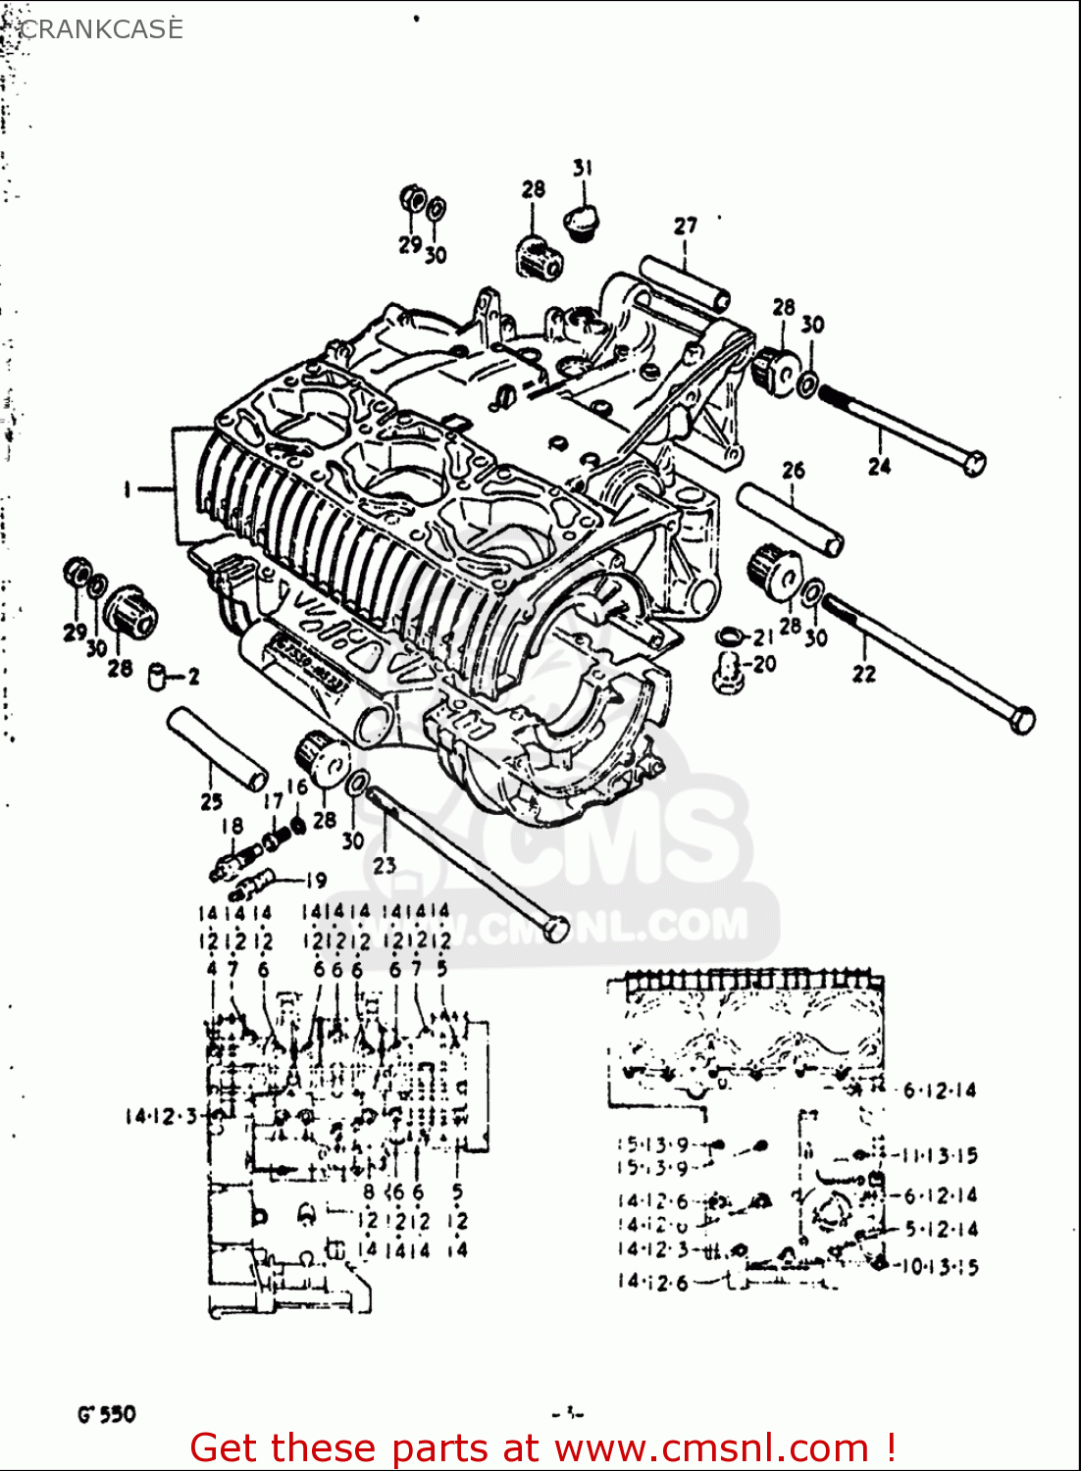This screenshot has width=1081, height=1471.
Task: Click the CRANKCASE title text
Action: click(100, 29)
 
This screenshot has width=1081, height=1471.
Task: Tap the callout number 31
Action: click(583, 168)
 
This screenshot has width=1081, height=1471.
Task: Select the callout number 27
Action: click(685, 226)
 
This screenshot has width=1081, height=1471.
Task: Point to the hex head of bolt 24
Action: click(973, 462)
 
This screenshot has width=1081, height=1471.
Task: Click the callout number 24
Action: click(879, 467)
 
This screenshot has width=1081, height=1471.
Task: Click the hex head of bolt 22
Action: click(1021, 720)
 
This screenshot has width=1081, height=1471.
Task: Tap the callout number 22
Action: click(863, 674)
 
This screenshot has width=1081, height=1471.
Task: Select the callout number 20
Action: click(764, 664)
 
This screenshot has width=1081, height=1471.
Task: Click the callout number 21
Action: click(763, 637)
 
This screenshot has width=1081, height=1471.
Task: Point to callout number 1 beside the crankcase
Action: click(128, 488)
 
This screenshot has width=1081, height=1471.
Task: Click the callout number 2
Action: click(193, 676)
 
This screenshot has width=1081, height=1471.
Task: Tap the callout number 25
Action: click(211, 801)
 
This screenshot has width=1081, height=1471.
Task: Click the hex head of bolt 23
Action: click(556, 927)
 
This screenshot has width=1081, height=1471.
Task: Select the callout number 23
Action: click(384, 865)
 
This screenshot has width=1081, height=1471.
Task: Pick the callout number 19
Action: click(315, 880)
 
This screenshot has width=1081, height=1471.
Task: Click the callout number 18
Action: click(232, 826)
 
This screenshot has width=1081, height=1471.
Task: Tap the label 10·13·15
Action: click(939, 1267)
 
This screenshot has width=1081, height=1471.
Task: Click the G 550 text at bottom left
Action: click(106, 1414)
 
